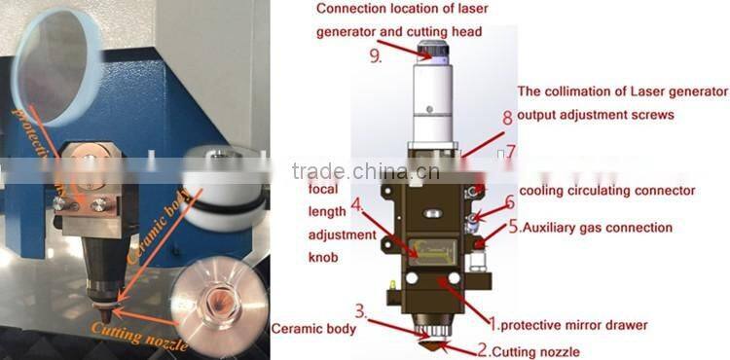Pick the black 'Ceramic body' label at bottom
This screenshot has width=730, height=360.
tap(312, 329)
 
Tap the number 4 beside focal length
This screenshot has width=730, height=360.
tap(357, 205)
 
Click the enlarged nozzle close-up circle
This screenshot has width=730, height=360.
tap(221, 303)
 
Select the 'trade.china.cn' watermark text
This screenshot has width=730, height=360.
tap(366, 171)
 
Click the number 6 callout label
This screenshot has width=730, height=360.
tap(508, 202)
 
